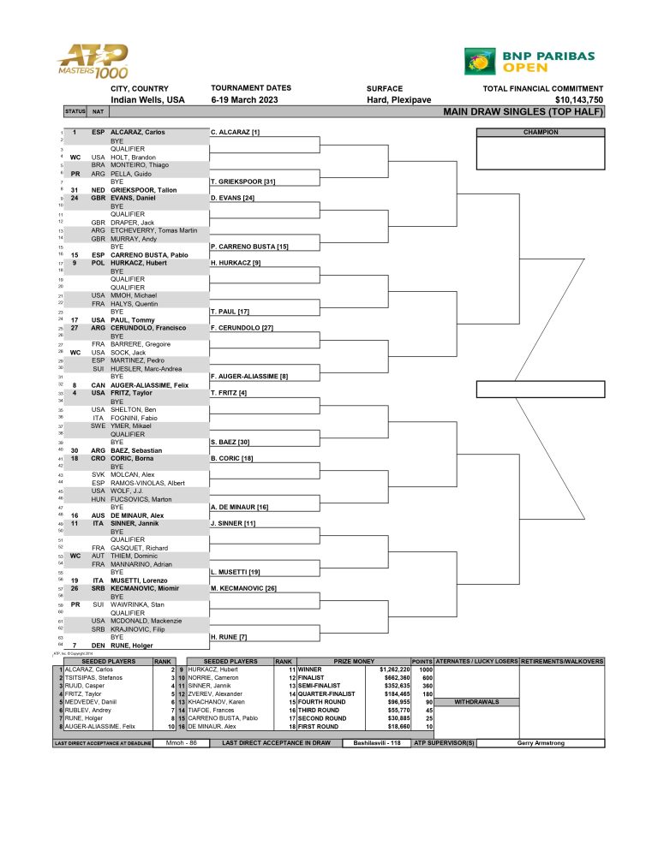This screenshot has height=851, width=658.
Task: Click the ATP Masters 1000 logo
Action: [93, 62]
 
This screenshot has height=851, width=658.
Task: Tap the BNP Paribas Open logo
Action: [529, 61]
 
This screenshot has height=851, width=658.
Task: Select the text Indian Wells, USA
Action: [147, 100]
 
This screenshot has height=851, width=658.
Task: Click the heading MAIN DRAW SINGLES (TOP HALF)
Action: [523, 111]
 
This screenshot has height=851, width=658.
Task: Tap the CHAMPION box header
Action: [541, 133]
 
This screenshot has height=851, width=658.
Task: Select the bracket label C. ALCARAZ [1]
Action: [235, 133]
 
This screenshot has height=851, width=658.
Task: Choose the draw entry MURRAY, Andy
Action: [135, 237]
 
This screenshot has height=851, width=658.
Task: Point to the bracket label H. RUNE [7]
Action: [230, 636]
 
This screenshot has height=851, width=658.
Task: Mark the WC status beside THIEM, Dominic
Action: [75, 556]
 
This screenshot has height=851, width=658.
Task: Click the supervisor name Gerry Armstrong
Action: [541, 742]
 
